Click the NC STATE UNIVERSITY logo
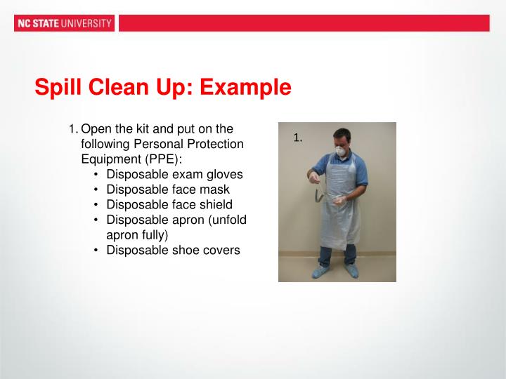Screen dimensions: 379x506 tap(63, 23)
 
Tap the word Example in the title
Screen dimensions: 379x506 tap(245, 88)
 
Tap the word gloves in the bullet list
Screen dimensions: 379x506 tap(226, 173)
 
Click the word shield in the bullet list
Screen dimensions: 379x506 tap(219, 204)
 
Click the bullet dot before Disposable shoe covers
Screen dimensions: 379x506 tap(96, 250)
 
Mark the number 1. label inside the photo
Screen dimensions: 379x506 tap(297, 138)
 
